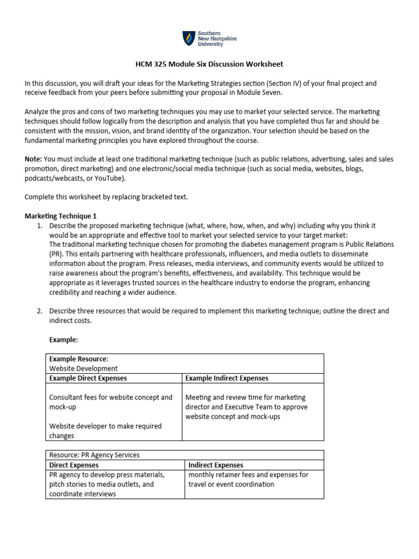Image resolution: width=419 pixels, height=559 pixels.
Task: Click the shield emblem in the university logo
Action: [188, 39]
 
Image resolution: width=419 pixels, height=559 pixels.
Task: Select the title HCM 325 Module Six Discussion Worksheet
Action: [209, 64]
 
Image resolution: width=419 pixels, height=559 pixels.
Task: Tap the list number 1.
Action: [40, 225]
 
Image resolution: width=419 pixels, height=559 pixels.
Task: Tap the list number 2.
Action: [40, 311]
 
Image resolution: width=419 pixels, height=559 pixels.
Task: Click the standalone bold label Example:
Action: [64, 340]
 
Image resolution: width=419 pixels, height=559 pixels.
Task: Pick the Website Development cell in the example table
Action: [83, 368]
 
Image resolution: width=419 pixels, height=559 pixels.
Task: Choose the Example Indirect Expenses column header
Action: [227, 378]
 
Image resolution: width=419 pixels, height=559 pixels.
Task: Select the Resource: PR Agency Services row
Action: [94, 455]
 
